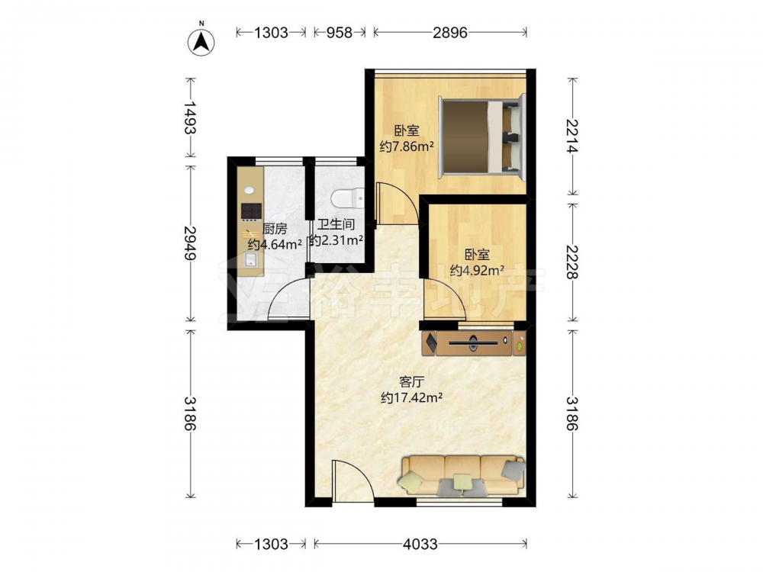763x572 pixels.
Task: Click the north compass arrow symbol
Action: pyautogui.click(x=201, y=41)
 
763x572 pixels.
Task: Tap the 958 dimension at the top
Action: pyautogui.click(x=340, y=33)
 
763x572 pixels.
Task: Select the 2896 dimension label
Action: pyautogui.click(x=450, y=33)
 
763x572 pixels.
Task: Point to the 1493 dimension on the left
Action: pyautogui.click(x=190, y=117)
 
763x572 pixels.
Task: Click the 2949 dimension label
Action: pyautogui.click(x=190, y=243)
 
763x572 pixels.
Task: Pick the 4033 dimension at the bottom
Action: pyautogui.click(x=420, y=544)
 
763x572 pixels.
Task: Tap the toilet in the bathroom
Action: pyautogui.click(x=347, y=198)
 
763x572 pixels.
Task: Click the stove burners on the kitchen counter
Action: pyautogui.click(x=252, y=211)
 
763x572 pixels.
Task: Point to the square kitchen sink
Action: pyautogui.click(x=252, y=260)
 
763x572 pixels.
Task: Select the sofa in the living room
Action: pyautogui.click(x=462, y=475)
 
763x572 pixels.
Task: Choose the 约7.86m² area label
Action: pyautogui.click(x=407, y=146)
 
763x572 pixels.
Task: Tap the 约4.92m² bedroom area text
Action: pyautogui.click(x=477, y=271)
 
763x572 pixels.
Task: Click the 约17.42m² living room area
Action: pyautogui.click(x=412, y=398)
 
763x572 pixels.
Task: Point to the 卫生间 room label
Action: pyautogui.click(x=336, y=224)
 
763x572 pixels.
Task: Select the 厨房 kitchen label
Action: pyautogui.click(x=275, y=229)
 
